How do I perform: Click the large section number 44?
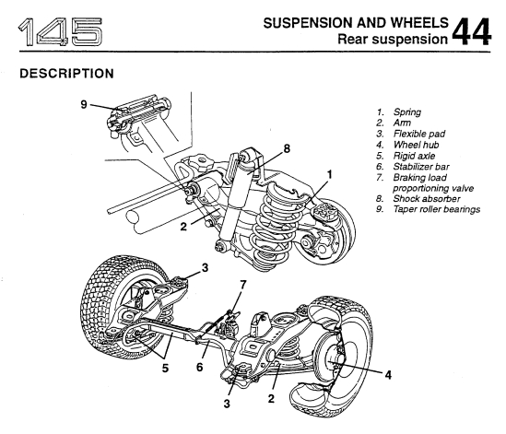point(471,31)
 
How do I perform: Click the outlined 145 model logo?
point(60,31)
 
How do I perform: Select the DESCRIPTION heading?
point(66,74)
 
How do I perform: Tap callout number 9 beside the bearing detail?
point(84,104)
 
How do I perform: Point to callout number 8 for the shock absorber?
point(287,148)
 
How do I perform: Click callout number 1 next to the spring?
point(329,174)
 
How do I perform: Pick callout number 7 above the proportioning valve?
point(243,285)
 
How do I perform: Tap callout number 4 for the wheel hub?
point(388,375)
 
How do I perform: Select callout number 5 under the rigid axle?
point(165,368)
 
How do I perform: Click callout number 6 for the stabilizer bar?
point(200,367)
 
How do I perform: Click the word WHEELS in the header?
point(419,23)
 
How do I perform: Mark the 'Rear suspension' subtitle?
point(393,39)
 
